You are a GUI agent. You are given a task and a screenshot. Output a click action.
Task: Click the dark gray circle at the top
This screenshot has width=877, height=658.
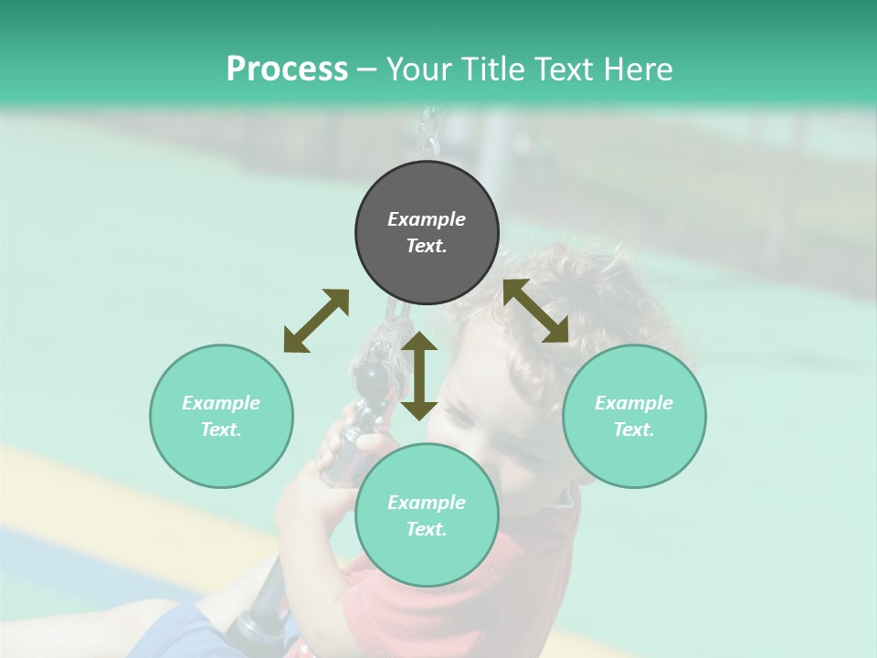tap(427, 233)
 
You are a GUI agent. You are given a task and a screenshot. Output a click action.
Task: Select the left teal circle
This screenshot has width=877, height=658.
tap(221, 416)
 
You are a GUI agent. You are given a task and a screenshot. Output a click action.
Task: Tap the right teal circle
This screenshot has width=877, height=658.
tap(634, 416)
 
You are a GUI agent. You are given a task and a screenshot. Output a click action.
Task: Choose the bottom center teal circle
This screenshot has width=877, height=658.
tap(427, 515)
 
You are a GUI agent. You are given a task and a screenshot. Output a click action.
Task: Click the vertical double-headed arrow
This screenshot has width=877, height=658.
tap(419, 376)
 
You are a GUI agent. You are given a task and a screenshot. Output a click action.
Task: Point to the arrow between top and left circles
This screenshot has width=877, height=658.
tap(316, 321)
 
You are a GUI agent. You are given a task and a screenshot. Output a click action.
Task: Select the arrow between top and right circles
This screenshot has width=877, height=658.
tap(536, 311)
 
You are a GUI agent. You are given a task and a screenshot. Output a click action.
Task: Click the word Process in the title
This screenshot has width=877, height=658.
tap(287, 69)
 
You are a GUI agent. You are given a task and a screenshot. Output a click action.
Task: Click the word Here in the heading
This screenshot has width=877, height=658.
tap(639, 69)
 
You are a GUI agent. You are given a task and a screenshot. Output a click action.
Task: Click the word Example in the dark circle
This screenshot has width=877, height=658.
tap(427, 219)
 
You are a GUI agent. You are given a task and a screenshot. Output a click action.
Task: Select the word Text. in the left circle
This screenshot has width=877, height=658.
tap(221, 430)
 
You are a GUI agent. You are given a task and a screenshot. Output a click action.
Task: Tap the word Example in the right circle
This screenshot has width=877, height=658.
tap(634, 403)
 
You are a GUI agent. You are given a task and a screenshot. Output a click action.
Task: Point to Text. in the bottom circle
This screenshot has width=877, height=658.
tap(427, 529)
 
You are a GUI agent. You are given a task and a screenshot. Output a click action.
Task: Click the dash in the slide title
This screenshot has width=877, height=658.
tap(367, 69)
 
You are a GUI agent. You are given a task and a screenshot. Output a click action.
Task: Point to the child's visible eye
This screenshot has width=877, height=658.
tap(460, 419)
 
